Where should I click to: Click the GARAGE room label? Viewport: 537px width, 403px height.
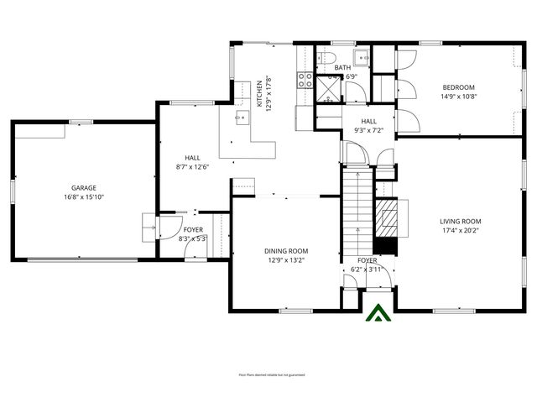tap(83, 188)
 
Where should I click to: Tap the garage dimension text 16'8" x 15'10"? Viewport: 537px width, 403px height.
tap(83, 197)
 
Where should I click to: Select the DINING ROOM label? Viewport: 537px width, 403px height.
tap(286, 251)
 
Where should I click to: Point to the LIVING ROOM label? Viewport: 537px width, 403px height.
tap(461, 222)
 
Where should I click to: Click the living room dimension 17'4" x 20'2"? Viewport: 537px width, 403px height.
tap(461, 231)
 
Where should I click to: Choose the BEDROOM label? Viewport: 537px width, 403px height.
tap(459, 87)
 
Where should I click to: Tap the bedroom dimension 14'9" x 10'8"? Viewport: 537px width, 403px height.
tap(459, 97)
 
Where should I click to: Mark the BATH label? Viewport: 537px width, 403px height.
tap(342, 68)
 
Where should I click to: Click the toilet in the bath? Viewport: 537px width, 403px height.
tap(325, 58)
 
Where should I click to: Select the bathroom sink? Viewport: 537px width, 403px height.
tap(361, 58)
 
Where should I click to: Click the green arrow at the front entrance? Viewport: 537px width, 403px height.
tap(377, 313)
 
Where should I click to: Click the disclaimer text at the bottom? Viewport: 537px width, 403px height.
tap(271, 375)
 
